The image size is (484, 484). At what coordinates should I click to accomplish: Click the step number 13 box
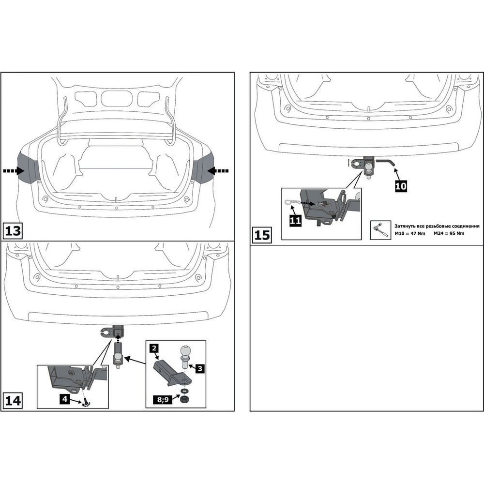[x=13, y=231]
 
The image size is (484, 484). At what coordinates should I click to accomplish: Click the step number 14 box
[x=13, y=400]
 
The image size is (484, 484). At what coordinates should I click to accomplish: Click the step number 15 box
[x=262, y=235]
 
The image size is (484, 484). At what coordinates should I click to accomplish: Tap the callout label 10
[x=401, y=186]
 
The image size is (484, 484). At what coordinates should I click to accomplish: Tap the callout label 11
[x=295, y=221]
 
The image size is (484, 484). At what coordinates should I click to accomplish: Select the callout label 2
[x=154, y=348]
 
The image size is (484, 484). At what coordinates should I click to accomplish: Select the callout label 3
[x=200, y=368]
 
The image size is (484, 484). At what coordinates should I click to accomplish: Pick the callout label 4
[x=64, y=399]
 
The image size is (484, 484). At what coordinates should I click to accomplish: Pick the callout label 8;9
[x=163, y=400]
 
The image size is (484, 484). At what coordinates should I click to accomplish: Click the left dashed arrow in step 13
[x=14, y=171]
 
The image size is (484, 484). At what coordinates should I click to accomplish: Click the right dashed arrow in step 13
[x=218, y=171]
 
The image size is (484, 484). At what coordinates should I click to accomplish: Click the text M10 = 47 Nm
[x=410, y=233]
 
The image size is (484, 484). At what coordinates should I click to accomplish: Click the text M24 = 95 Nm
[x=449, y=233]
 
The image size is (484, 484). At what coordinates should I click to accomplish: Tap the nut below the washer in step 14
[x=184, y=399]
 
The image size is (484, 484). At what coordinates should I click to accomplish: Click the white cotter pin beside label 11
[x=291, y=202]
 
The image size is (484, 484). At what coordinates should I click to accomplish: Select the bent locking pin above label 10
[x=385, y=162]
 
